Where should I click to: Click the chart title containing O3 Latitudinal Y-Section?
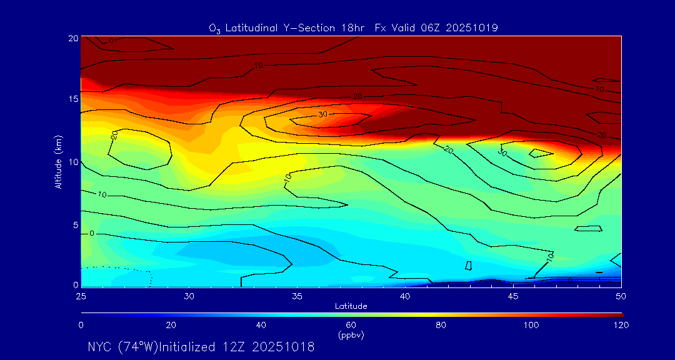[x=353, y=27]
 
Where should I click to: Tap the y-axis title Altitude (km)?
[x=58, y=161]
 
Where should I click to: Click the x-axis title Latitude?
[x=351, y=306]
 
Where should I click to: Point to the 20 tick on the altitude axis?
[x=74, y=38]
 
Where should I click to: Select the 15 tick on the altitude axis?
[x=74, y=99]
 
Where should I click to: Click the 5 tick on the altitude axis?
[x=76, y=224]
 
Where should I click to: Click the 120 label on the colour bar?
[x=621, y=325]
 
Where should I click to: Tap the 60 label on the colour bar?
[x=351, y=325]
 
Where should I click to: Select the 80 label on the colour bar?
[x=441, y=325]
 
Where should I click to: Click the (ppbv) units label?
[x=351, y=334]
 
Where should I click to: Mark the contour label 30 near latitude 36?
[x=322, y=114]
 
